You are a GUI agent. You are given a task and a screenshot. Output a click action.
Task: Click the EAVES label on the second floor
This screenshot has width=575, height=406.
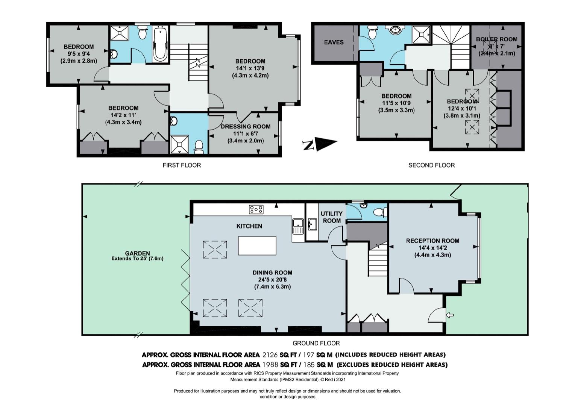tap(334, 42)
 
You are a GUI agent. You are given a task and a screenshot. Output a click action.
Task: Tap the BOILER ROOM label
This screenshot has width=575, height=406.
tap(496, 39)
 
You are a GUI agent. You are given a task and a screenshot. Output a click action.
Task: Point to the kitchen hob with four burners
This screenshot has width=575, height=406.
tap(256, 209)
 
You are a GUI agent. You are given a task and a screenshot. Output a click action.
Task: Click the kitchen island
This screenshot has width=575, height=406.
tap(257, 246)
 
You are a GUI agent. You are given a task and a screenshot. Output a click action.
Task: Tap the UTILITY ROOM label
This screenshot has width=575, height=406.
tap(332, 217)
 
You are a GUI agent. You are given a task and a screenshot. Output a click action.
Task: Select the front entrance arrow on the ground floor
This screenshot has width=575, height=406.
tap(450, 315)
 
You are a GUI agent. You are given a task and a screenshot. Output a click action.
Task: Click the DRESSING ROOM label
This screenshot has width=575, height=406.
tap(246, 127)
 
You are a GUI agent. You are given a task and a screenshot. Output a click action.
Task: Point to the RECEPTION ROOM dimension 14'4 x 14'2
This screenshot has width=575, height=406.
tap(433, 248)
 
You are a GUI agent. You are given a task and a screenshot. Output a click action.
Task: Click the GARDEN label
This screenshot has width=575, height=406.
tap(137, 253)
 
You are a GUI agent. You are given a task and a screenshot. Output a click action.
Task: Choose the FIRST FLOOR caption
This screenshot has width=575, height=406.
tap(182, 165)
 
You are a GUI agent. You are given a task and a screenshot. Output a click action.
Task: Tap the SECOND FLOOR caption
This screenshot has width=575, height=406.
tap(431, 165)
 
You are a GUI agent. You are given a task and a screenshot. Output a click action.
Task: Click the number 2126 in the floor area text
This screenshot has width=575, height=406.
tap(270, 355)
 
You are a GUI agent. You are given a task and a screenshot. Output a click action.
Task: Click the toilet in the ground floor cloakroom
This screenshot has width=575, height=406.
tap(380, 212)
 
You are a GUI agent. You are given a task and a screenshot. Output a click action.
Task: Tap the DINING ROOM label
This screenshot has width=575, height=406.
tap(272, 273)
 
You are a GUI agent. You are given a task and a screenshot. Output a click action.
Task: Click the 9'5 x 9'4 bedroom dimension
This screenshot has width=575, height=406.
tap(79, 54)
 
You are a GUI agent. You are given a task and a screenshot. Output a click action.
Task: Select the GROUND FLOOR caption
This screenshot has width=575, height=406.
tap(316, 343)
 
